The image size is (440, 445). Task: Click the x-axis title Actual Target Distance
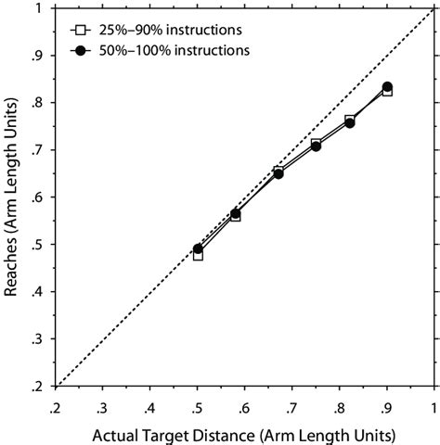[245, 434]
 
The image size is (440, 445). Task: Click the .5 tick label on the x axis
[198, 406]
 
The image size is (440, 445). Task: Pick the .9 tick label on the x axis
[386, 406]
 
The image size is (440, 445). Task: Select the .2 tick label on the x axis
[56, 406]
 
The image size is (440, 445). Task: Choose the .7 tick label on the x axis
[292, 406]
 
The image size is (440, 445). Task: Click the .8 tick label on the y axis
[35, 102]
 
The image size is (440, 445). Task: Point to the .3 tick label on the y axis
[35, 339]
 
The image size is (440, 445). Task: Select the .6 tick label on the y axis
[35, 197]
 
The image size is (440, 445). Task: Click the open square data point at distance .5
[198, 255]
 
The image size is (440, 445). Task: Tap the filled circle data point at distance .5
[198, 248]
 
